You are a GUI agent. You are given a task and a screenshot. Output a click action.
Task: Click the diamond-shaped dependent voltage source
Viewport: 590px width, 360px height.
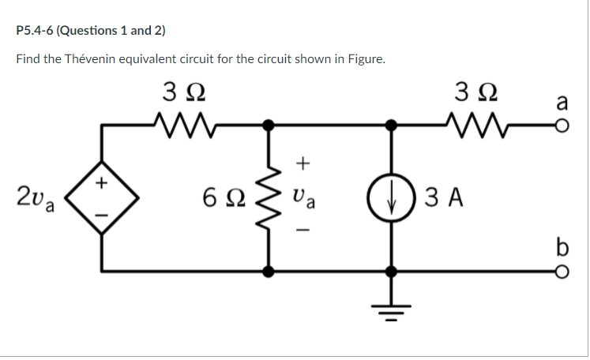coord(100,197)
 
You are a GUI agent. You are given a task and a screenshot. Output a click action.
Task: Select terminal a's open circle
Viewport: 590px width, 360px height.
coord(564,125)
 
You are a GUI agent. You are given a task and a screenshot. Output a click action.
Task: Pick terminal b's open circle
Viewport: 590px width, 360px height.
coord(564,271)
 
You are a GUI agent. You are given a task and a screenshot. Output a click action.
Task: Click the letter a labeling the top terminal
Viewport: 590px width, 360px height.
coord(562,102)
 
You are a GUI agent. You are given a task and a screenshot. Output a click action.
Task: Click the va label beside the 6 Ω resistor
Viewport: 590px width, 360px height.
coord(305,197)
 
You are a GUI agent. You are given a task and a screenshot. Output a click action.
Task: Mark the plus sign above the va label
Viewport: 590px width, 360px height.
coord(304,163)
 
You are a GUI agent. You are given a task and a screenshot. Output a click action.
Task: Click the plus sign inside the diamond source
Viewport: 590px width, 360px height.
coord(101,183)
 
